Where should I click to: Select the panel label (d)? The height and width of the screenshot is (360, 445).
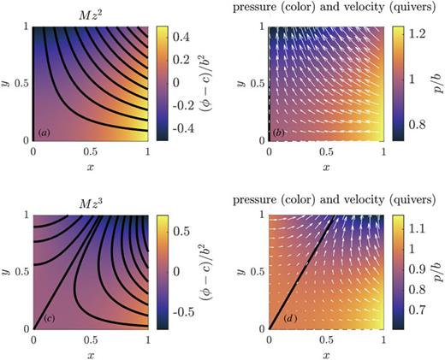[x=278, y=320]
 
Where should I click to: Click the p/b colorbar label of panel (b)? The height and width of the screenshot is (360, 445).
[x=438, y=83]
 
